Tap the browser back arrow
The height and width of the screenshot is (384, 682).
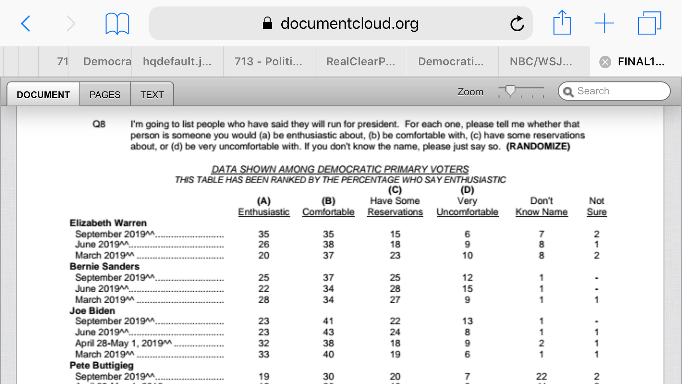click(x=26, y=24)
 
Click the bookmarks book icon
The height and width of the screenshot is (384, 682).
click(x=117, y=24)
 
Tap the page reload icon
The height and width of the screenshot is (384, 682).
click(x=517, y=24)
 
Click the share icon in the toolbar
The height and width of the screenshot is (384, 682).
click(x=562, y=23)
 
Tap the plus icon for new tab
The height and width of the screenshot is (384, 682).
click(x=604, y=23)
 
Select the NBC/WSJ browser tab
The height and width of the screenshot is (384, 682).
click(x=541, y=62)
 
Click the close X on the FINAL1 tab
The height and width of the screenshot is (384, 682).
click(x=605, y=62)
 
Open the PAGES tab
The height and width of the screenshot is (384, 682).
click(x=105, y=95)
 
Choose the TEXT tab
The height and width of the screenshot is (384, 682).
click(x=152, y=95)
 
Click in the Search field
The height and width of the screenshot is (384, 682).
click(x=618, y=91)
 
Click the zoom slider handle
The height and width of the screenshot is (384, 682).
click(x=510, y=91)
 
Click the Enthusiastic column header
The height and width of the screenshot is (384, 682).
click(x=264, y=212)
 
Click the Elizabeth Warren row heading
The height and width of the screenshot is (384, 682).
click(x=108, y=223)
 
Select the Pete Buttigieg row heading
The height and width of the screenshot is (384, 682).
click(x=102, y=365)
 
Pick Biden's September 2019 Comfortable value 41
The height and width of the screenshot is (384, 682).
click(x=328, y=321)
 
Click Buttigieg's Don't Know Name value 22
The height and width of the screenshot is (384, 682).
click(x=541, y=376)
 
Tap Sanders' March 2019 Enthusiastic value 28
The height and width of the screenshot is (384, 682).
click(x=264, y=300)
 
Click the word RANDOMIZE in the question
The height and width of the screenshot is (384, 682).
click(x=538, y=146)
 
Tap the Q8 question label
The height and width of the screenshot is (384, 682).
click(x=99, y=124)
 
